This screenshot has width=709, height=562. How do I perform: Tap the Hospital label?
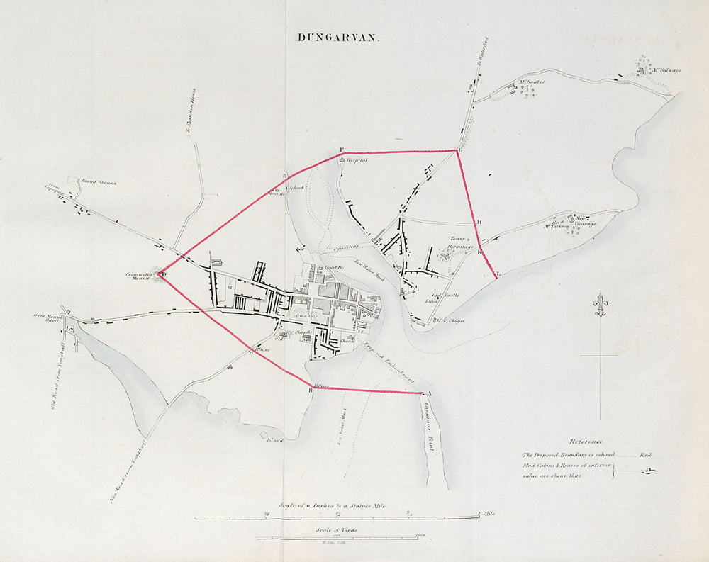356,161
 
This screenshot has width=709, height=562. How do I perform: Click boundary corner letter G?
461,150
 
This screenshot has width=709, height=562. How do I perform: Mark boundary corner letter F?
342,149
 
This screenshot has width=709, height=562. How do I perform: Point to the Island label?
274,440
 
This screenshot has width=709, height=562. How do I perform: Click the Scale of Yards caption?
337,529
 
